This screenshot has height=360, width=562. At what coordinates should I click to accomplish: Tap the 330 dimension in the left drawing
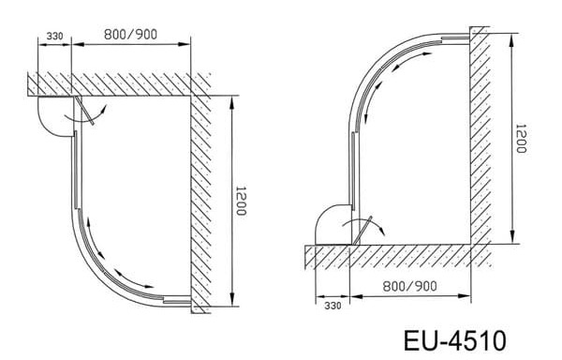(54, 37)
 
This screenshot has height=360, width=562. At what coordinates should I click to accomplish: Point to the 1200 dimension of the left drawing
(241, 201)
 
